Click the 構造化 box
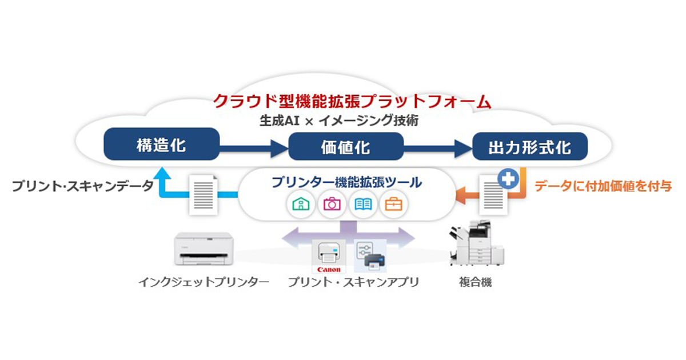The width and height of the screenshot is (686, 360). pyautogui.click(x=162, y=144)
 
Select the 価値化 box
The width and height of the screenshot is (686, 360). pyautogui.click(x=346, y=146)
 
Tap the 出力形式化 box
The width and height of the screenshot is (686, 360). pyautogui.click(x=530, y=146)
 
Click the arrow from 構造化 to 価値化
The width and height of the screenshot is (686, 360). pyautogui.click(x=254, y=149)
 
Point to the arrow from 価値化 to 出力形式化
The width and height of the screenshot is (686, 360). pyautogui.click(x=438, y=149)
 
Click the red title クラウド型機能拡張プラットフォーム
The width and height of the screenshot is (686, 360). pyautogui.click(x=352, y=101)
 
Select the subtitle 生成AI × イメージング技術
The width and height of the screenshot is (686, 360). pyautogui.click(x=339, y=121)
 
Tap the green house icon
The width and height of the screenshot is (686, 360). pyautogui.click(x=301, y=204)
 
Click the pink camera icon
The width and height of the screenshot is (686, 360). pyautogui.click(x=332, y=204)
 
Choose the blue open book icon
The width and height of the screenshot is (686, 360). pyautogui.click(x=363, y=204)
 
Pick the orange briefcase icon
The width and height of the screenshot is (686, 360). pyautogui.click(x=393, y=204)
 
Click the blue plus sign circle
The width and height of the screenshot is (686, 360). pyautogui.click(x=508, y=179)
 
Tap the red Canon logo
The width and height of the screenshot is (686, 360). pyautogui.click(x=329, y=270)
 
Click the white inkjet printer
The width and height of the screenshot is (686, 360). pyautogui.click(x=204, y=248)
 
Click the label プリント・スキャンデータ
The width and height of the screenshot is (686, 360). pyautogui.click(x=83, y=186)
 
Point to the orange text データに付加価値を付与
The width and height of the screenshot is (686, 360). pyautogui.click(x=603, y=186)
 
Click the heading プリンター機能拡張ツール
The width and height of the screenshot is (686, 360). pyautogui.click(x=346, y=182)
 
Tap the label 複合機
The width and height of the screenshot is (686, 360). pyautogui.click(x=475, y=282)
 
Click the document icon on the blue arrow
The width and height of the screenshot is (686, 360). pyautogui.click(x=204, y=195)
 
